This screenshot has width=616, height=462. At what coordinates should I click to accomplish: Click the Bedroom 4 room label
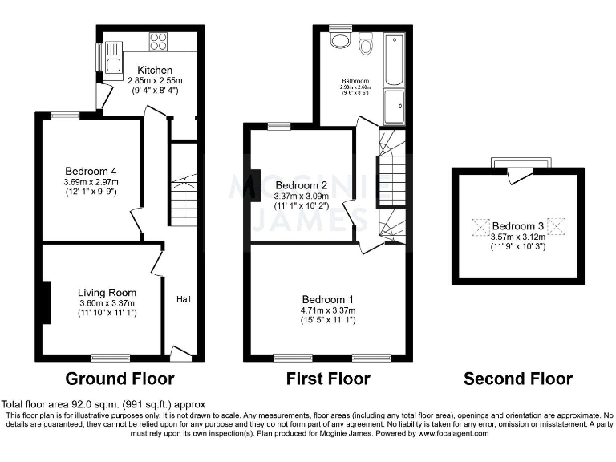91,171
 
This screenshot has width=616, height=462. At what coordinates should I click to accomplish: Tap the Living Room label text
107,293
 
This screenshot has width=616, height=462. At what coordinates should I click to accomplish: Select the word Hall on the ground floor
184,299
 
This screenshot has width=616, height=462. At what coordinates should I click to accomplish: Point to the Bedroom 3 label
517,227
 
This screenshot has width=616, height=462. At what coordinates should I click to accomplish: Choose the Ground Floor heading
120,378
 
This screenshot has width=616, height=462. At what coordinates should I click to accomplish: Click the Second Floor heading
518,378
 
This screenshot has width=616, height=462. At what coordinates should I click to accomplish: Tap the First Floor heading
328,378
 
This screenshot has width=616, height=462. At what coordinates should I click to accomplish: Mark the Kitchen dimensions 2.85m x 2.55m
155,81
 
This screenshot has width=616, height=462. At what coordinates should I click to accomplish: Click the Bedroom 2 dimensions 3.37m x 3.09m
302,196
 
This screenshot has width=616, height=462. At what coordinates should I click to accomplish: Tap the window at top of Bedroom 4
66,115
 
